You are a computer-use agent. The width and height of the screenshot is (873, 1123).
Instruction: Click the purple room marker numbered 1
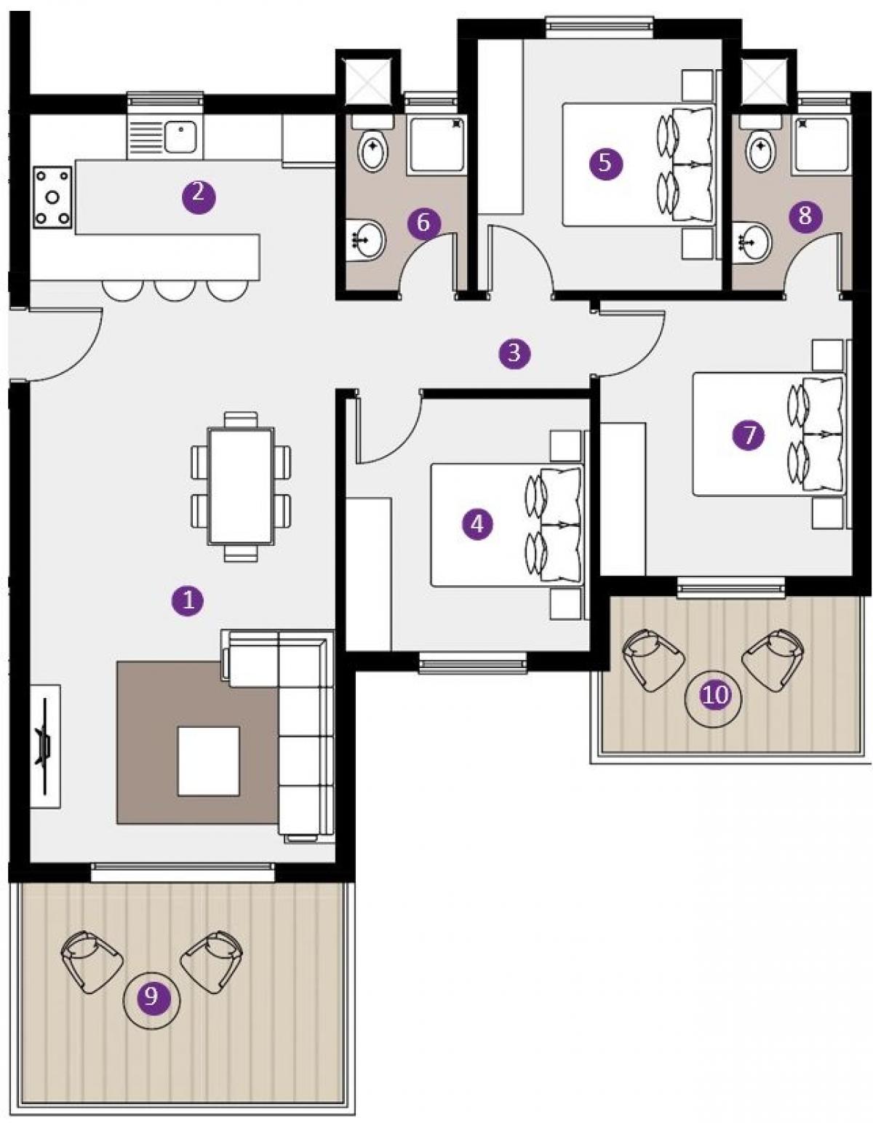click(x=188, y=600)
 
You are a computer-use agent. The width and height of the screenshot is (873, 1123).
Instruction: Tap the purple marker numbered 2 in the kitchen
click(x=199, y=196)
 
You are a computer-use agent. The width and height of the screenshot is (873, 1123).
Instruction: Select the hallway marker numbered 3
click(x=514, y=353)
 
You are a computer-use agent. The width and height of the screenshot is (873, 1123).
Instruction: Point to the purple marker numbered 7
click(x=749, y=434)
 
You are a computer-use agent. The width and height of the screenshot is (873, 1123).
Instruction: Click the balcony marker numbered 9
click(x=152, y=995)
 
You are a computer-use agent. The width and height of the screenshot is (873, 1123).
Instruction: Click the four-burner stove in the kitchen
click(x=52, y=197)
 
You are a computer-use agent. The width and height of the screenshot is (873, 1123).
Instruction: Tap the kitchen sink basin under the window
click(x=181, y=136)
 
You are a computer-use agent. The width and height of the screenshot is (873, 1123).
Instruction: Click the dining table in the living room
click(x=240, y=485)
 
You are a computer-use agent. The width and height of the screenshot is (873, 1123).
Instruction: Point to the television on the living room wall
click(x=44, y=746)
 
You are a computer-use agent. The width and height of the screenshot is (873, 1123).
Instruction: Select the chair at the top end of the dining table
click(x=241, y=420)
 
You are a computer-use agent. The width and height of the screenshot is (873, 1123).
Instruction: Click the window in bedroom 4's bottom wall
click(x=473, y=663)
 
